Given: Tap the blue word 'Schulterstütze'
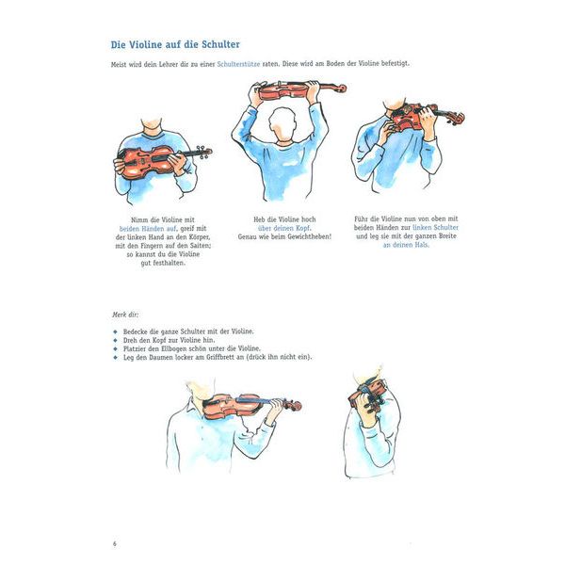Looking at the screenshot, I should (x=241, y=64).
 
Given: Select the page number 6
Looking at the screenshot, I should (x=112, y=543).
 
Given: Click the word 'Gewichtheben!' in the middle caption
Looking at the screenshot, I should (x=304, y=237).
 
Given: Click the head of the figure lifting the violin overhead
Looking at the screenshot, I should (x=280, y=121).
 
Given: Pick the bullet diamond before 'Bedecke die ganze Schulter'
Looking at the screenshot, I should (x=113, y=332).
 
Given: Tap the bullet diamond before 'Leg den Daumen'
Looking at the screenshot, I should (x=113, y=358).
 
